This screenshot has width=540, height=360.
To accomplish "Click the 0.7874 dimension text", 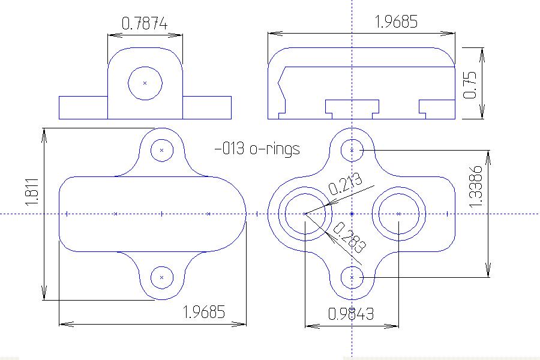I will pyautogui.click(x=144, y=24).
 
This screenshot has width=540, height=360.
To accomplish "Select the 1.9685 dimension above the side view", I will pyautogui.click(x=395, y=22).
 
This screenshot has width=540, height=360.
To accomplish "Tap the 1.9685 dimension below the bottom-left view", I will pyautogui.click(x=204, y=312).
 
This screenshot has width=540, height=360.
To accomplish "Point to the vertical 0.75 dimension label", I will pyautogui.click(x=470, y=85).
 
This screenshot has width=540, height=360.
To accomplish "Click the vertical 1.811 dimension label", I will pyautogui.click(x=32, y=192).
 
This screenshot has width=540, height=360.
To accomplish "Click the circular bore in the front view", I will pyautogui.click(x=145, y=83).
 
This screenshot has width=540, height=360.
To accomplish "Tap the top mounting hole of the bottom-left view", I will pyautogui.click(x=161, y=149).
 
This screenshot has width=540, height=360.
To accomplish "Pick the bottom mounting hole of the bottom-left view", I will pyautogui.click(x=161, y=277).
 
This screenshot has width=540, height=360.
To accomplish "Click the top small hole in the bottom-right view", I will pyautogui.click(x=352, y=149).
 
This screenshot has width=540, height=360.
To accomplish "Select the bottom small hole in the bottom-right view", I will pyautogui.click(x=352, y=277).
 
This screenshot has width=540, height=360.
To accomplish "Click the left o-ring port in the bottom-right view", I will pyautogui.click(x=305, y=214).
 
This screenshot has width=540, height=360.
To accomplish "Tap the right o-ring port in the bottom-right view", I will pyautogui.click(x=399, y=214).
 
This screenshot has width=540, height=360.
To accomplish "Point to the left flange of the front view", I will pyautogui.click(x=83, y=107).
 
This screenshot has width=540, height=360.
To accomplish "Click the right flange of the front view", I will pyautogui.click(x=206, y=107).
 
